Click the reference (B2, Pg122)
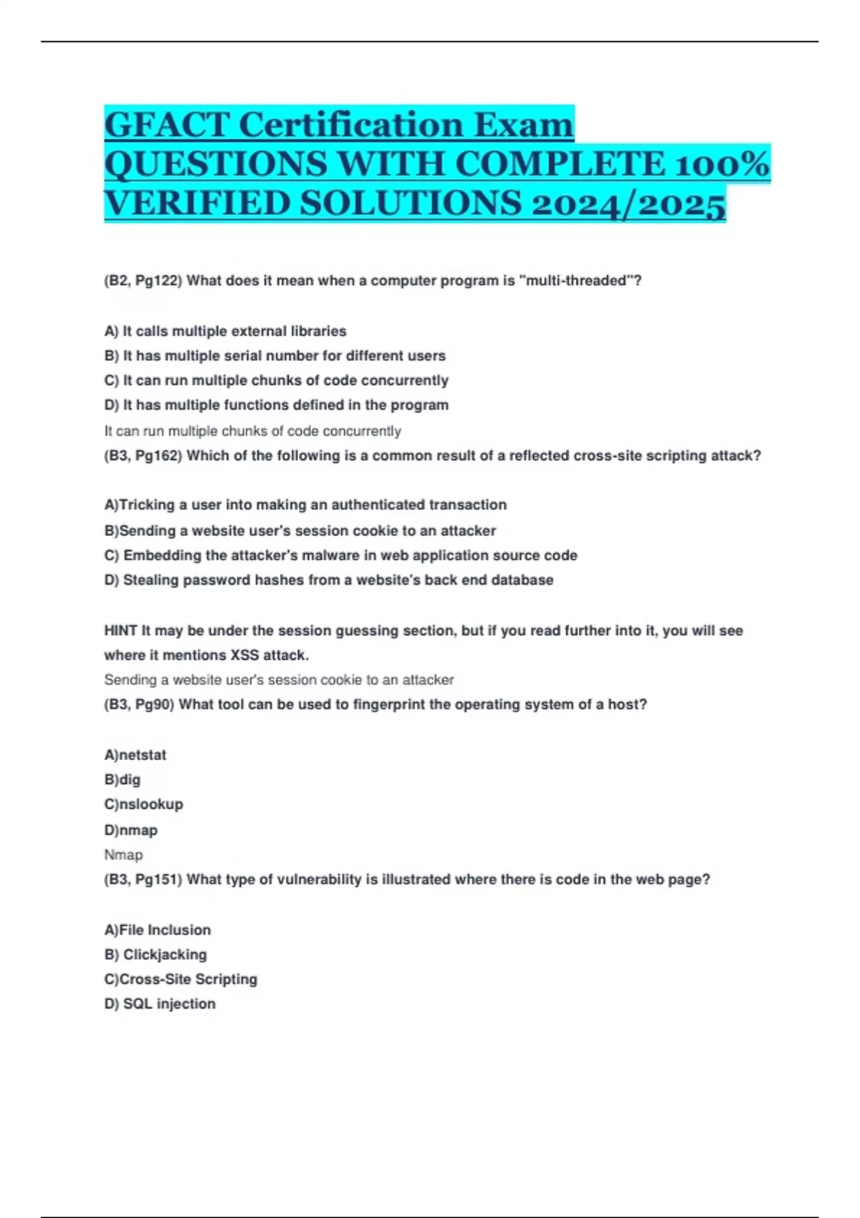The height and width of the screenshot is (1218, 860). (143, 281)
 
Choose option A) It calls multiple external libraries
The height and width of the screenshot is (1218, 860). (225, 331)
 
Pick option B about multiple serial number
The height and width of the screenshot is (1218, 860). (274, 355)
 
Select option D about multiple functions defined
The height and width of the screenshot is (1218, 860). (276, 405)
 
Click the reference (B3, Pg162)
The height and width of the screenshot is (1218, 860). (143, 456)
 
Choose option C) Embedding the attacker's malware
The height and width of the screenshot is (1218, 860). (340, 555)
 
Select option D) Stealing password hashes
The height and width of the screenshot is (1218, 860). (328, 580)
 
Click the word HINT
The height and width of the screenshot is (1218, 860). (120, 630)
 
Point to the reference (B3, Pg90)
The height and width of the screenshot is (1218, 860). (139, 704)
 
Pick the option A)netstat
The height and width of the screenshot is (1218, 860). (135, 754)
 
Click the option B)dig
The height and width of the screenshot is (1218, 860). (122, 780)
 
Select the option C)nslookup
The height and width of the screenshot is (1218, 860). (143, 804)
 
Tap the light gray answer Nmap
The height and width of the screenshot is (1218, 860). (123, 855)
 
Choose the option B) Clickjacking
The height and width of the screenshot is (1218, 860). (155, 954)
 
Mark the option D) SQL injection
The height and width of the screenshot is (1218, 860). (159, 1004)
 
